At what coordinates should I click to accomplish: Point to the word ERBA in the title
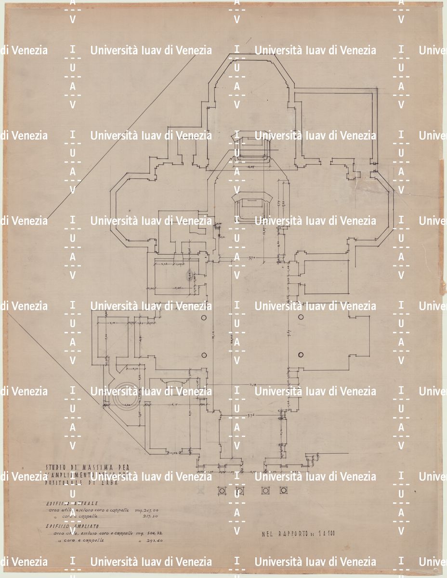coord(109,483)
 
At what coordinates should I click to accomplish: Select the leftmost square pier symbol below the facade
coord(222,491)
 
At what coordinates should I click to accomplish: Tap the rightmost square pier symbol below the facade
coord(284,491)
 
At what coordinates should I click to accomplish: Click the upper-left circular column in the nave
coord(204,316)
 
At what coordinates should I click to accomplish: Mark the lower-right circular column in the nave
coord(301,355)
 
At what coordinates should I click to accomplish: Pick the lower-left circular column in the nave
coord(204,355)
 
